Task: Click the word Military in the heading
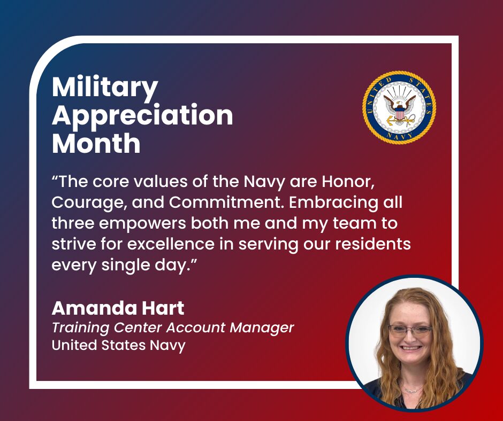(x=105, y=88)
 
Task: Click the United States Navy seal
(x=399, y=107)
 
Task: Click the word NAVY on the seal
(x=399, y=136)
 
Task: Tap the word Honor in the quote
(x=348, y=182)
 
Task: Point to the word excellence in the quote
(x=171, y=244)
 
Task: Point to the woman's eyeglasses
(x=410, y=331)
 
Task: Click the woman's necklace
(x=413, y=390)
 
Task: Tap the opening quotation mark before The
(x=55, y=177)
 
